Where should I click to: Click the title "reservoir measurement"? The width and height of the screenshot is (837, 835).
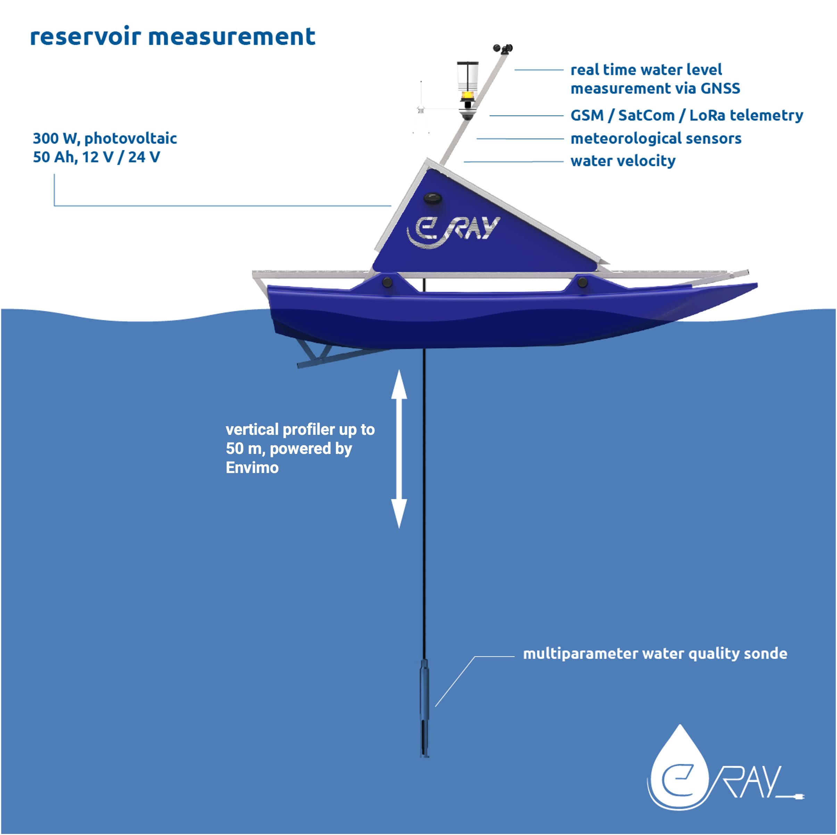coord(172,36)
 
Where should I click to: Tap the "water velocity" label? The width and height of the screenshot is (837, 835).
coord(623,161)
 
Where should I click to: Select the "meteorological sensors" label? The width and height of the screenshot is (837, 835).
coord(655,138)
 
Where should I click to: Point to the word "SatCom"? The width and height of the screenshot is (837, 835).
coord(646,116)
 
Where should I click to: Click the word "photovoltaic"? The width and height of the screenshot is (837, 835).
coord(130,138)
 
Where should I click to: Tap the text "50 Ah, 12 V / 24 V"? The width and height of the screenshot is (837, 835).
coord(96,157)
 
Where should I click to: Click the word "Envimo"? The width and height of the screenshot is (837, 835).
coord(252,467)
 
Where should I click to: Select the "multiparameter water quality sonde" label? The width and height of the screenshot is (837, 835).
coord(655,653)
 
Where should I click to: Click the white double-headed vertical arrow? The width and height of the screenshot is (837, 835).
coord(399,448)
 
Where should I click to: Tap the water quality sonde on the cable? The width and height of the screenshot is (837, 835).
coord(424,710)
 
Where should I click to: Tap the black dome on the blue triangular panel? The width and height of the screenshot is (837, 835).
coord(432,199)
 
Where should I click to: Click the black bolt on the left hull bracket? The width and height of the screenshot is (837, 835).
coord(387,282)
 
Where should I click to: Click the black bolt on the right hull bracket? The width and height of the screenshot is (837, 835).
coord(582,282)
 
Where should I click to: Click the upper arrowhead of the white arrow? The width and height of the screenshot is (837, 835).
coord(399,383)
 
